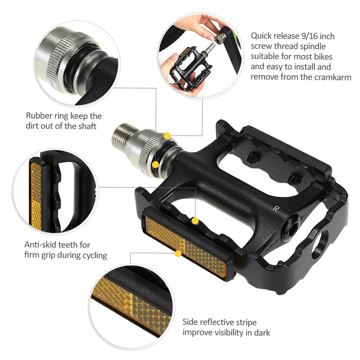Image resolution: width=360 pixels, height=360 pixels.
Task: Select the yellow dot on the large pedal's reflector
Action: (x=177, y=254)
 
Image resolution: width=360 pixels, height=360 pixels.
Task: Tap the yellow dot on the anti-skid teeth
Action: (x=195, y=221)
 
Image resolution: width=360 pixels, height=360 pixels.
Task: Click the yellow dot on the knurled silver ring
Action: (x=167, y=136)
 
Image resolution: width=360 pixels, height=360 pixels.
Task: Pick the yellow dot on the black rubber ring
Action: (x=156, y=165)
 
